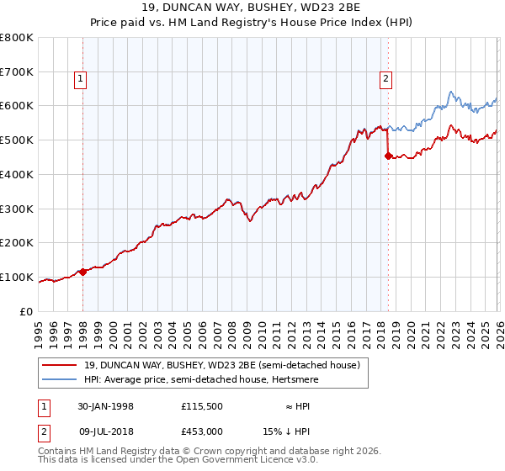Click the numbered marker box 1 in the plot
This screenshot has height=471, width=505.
point(80,80)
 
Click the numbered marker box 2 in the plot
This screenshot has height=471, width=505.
point(385,80)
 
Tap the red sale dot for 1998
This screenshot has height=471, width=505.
point(83,272)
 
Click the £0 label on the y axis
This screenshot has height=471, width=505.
point(26,311)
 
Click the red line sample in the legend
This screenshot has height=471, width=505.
point(61,365)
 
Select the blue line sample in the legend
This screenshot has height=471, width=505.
point(61,379)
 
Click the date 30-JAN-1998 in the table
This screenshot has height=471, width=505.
point(106,406)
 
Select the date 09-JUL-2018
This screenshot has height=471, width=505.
point(106,431)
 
